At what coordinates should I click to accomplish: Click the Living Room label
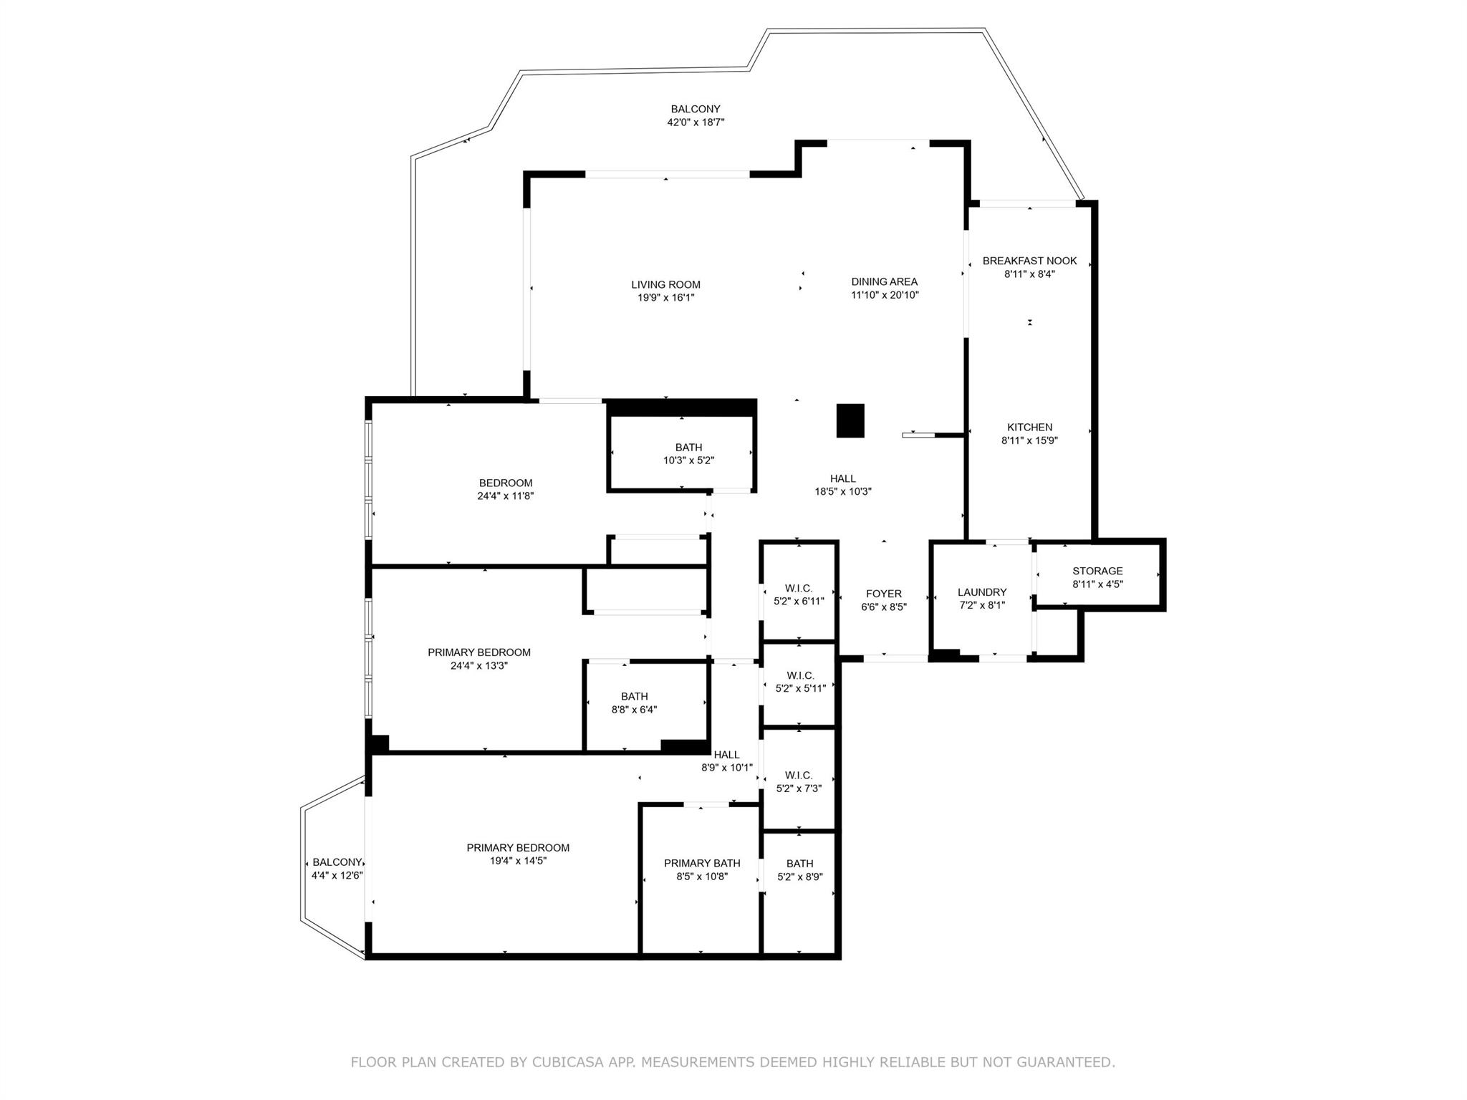pyautogui.click(x=665, y=284)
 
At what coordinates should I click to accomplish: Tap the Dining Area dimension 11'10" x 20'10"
pyautogui.click(x=885, y=295)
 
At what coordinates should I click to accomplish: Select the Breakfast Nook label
pyautogui.click(x=1029, y=261)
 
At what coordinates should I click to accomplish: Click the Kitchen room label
pyautogui.click(x=1029, y=428)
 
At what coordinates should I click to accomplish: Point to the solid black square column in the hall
pyautogui.click(x=850, y=420)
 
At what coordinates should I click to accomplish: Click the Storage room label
pyautogui.click(x=1097, y=571)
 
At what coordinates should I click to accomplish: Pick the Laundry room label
pyautogui.click(x=982, y=592)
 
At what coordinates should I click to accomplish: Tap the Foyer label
pyautogui.click(x=884, y=594)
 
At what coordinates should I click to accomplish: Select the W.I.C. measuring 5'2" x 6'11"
pyautogui.click(x=799, y=595)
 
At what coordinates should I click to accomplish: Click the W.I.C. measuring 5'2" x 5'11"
pyautogui.click(x=800, y=682)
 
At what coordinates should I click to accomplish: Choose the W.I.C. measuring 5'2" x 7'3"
pyautogui.click(x=799, y=781)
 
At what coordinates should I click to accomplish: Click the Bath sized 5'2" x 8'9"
pyautogui.click(x=799, y=870)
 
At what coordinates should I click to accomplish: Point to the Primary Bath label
pyautogui.click(x=702, y=863)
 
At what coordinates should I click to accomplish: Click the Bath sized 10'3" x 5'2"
pyautogui.click(x=688, y=454)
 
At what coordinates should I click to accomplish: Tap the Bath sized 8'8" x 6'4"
pyautogui.click(x=634, y=703)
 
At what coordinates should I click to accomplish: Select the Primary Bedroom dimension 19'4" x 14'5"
pyautogui.click(x=518, y=861)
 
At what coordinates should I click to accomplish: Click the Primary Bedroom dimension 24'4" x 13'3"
pyautogui.click(x=478, y=665)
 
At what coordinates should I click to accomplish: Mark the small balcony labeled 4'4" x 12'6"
pyautogui.click(x=337, y=869)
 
